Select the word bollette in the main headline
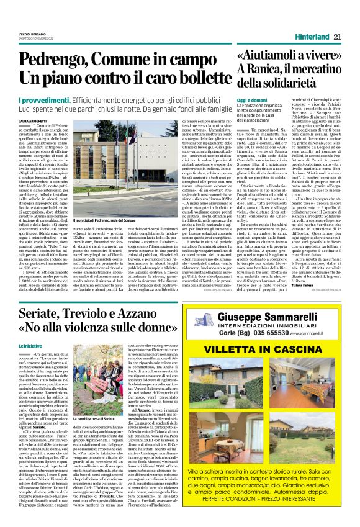tap(197, 78)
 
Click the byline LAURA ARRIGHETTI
tap(33, 121)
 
